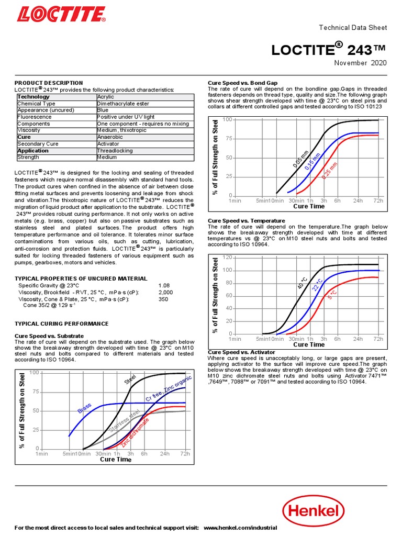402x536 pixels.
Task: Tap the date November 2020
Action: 361,63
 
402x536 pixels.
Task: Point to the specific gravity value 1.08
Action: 164,285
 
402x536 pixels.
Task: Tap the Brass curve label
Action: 84,408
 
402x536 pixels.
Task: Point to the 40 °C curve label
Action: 303,283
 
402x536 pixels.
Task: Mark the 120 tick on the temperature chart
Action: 227,258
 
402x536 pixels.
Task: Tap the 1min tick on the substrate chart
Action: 41,454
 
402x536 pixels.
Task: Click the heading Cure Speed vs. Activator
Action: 241,352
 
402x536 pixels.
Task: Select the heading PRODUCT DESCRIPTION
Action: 48,83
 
